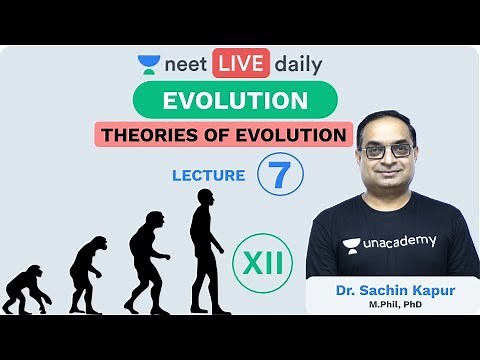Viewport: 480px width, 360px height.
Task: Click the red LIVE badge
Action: click(x=240, y=65)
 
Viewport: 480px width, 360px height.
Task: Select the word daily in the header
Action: click(x=297, y=66)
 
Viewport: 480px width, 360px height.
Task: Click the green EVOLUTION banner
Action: click(x=234, y=101)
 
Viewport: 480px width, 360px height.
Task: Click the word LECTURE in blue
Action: click(x=209, y=175)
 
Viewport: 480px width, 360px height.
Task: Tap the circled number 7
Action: click(x=280, y=172)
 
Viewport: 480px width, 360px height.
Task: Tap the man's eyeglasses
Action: click(x=390, y=149)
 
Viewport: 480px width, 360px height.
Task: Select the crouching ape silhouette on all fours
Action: click(x=25, y=289)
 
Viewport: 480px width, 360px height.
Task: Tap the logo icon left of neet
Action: click(x=150, y=65)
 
